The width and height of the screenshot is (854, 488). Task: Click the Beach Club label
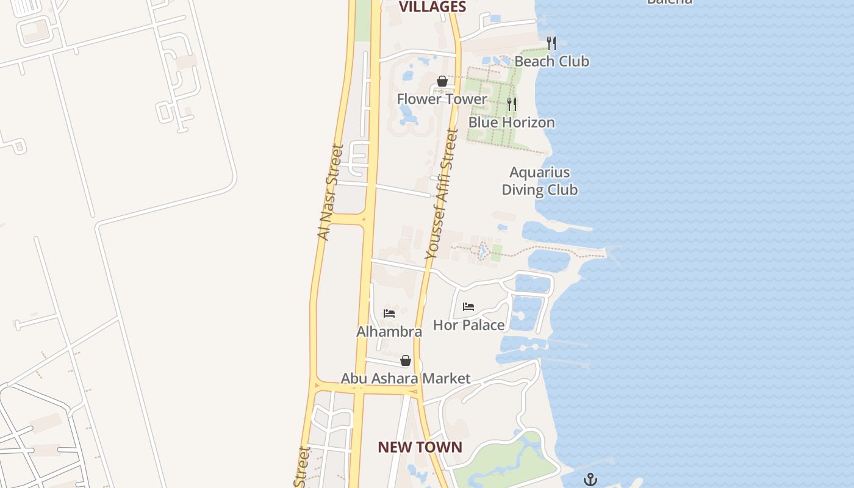pos(551,61)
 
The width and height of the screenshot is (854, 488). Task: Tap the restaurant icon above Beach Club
pos(551,43)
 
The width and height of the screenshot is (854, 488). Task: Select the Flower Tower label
pos(442,99)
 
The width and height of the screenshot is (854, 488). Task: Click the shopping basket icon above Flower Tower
pos(442,81)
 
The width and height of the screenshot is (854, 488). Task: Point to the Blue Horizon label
pos(511,122)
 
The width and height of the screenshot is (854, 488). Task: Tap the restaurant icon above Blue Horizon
pos(512,104)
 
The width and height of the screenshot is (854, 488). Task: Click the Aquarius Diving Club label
pos(539,181)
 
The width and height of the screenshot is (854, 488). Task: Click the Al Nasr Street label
pos(331,192)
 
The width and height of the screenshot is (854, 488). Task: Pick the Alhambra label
pos(389,332)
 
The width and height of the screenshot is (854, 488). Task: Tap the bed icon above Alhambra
pos(389,314)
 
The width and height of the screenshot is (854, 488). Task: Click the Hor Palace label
pos(468,325)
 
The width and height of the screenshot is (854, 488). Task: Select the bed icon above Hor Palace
pos(468,307)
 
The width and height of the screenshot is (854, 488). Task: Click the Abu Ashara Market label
pos(405,378)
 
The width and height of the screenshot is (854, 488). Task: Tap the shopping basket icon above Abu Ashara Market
pos(406,361)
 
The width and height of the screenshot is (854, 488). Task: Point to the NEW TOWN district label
pos(420,447)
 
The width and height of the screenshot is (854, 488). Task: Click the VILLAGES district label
pos(432,7)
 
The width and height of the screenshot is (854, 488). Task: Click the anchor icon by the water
pos(590,479)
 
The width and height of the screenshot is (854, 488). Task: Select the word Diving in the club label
pos(522,190)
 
